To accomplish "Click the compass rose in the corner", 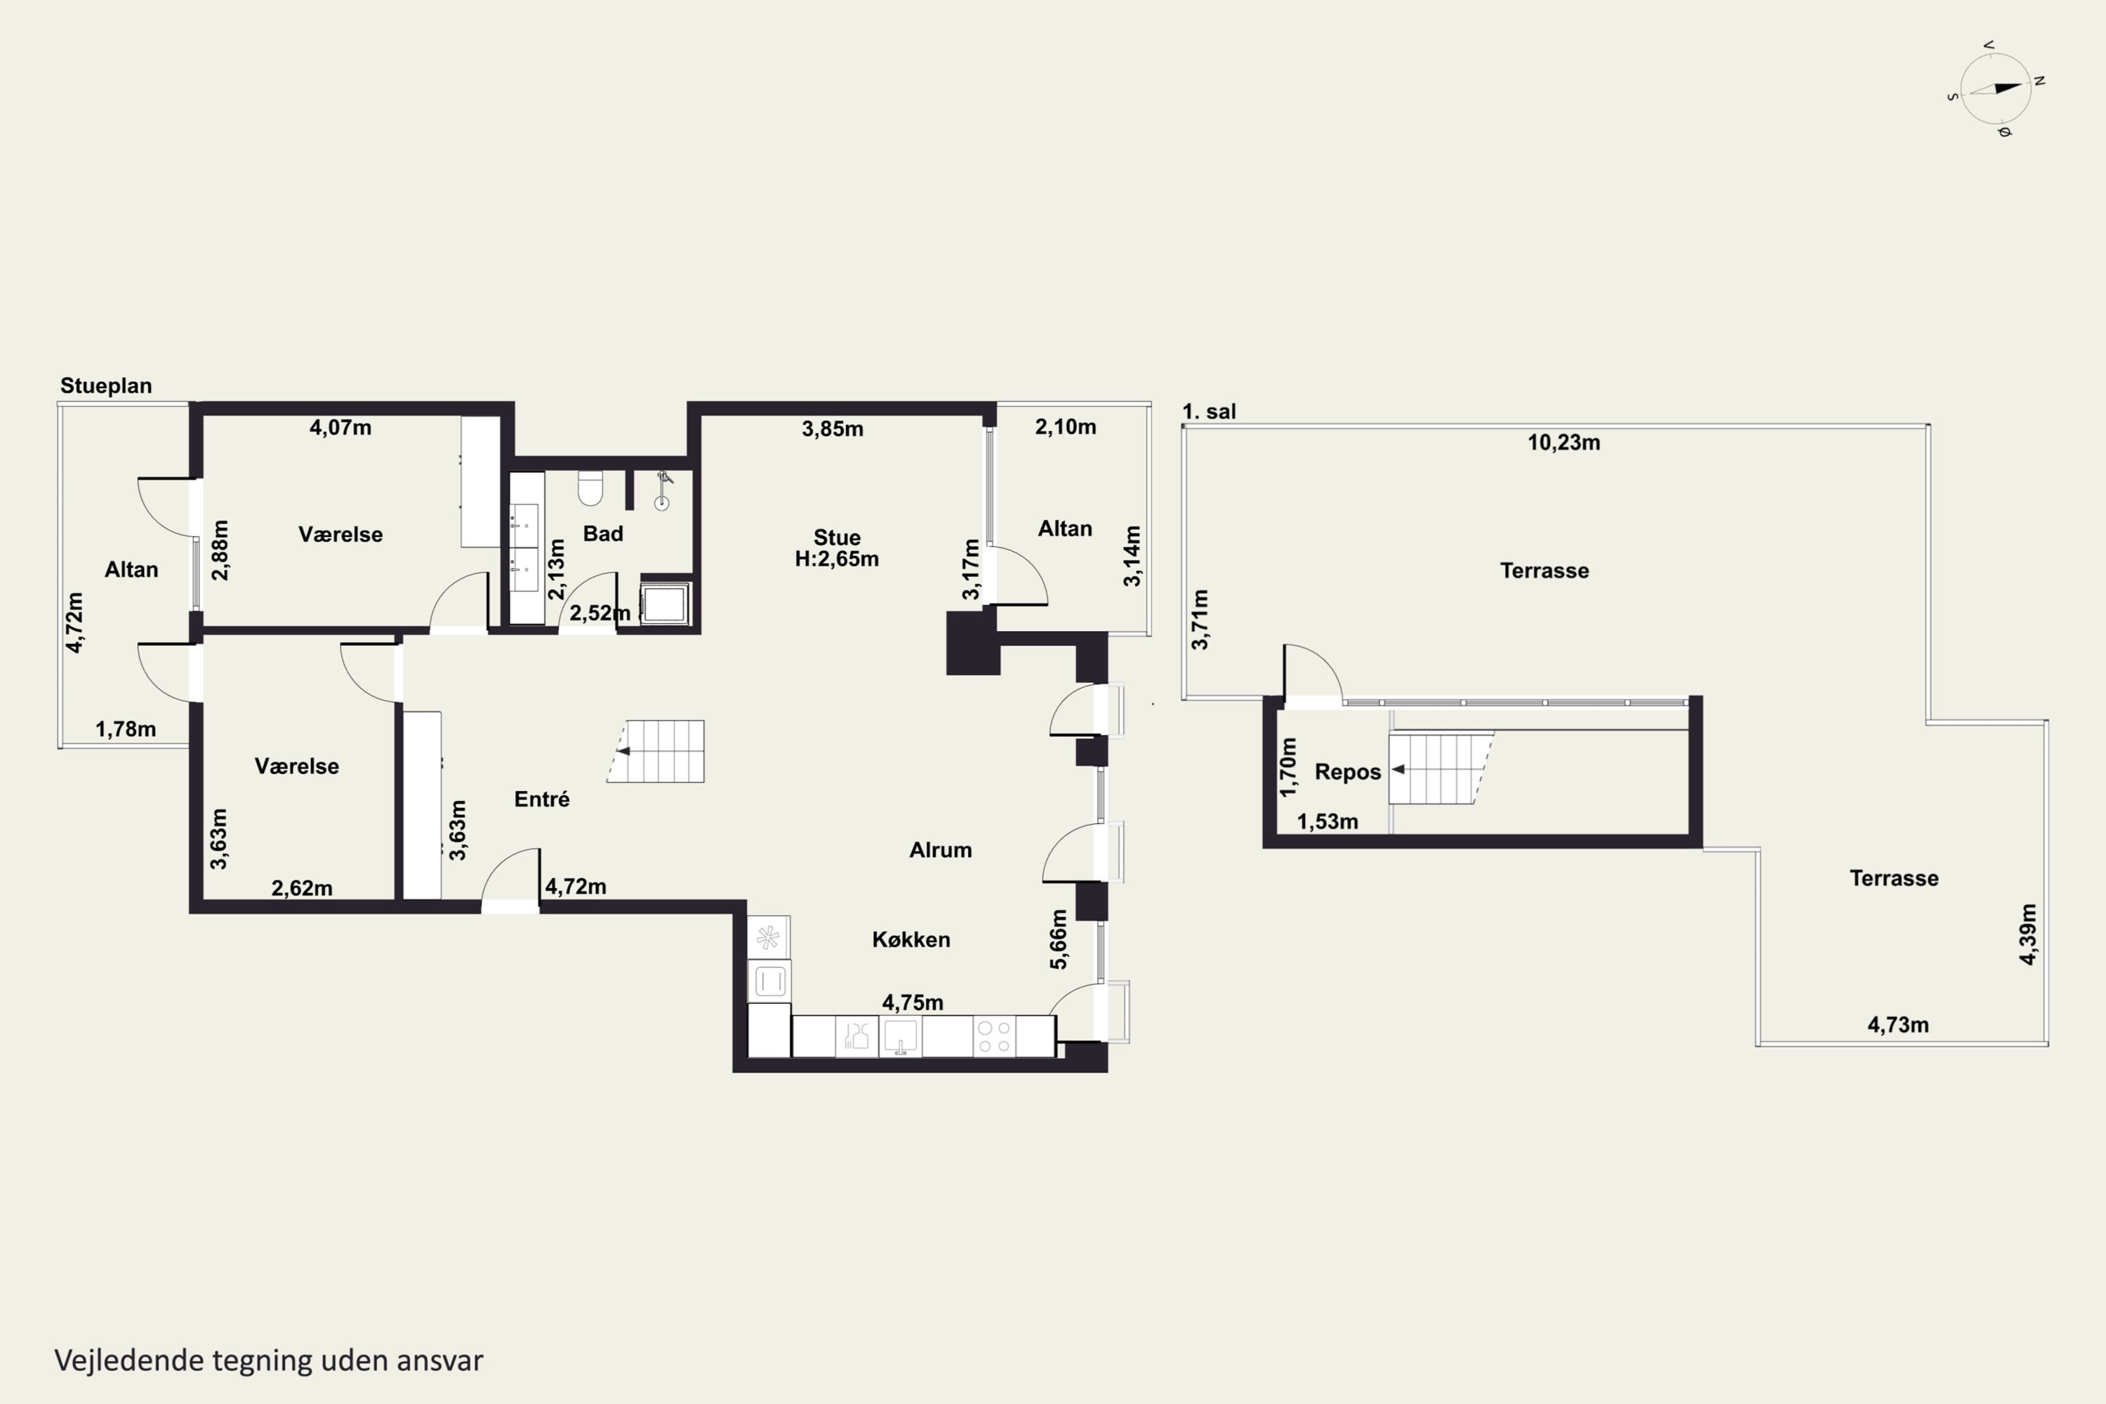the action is (x=1996, y=88).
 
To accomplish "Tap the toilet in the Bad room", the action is (x=590, y=489).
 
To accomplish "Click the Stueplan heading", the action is (x=106, y=386).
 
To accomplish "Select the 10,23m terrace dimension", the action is (x=1563, y=442).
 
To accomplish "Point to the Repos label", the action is (x=1348, y=771).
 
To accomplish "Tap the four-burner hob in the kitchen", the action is (x=994, y=1037).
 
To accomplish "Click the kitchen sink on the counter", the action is (x=901, y=1037).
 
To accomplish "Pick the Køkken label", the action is (x=910, y=939).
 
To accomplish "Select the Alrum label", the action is (x=940, y=849).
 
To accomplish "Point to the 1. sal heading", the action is (x=1209, y=412).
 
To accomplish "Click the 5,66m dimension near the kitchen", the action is (x=1059, y=939).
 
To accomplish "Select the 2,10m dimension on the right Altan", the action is (x=1066, y=427).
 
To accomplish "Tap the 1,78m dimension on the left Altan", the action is (x=126, y=729).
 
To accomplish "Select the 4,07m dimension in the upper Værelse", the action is (x=340, y=428).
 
